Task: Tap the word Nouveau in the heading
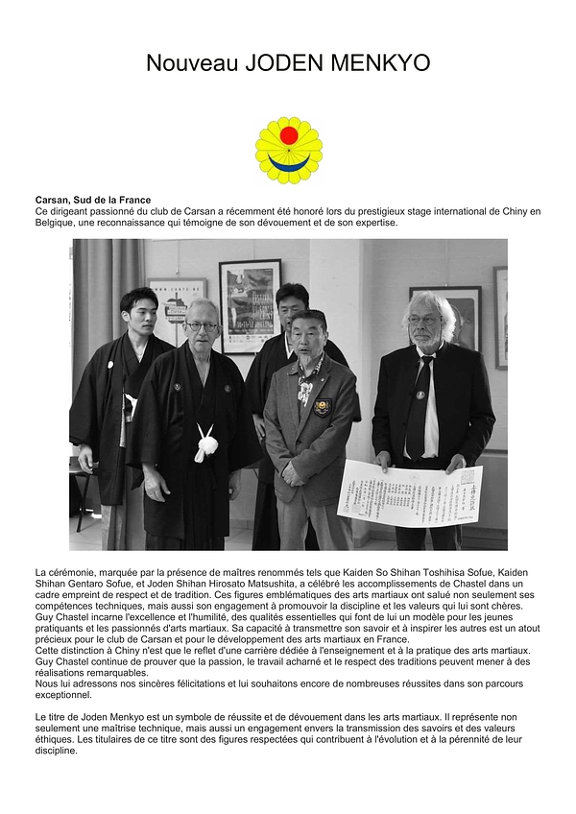pyautogui.click(x=192, y=63)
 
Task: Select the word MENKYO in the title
pyautogui.click(x=380, y=63)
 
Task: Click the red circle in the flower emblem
pyautogui.click(x=288, y=135)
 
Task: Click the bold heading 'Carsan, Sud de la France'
pyautogui.click(x=93, y=200)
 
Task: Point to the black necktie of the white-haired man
pyautogui.click(x=419, y=403)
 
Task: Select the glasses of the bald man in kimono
pyautogui.click(x=202, y=326)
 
